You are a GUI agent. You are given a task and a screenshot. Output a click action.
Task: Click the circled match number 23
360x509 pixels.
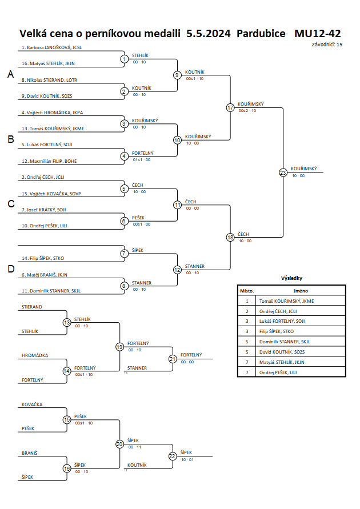click(283, 173)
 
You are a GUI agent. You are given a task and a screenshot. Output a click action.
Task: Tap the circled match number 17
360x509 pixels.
click(230, 107)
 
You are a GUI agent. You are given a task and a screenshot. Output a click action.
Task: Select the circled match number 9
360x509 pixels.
click(177, 75)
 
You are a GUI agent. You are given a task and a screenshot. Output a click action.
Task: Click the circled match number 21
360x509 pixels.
click(173, 359)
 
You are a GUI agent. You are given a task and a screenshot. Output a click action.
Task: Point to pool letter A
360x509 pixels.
click(11, 74)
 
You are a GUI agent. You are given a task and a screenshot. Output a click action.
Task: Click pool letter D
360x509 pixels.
click(11, 269)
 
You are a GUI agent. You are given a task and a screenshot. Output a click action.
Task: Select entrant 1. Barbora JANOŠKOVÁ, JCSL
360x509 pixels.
click(51, 47)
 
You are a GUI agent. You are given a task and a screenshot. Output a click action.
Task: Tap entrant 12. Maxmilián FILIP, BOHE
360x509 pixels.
click(49, 161)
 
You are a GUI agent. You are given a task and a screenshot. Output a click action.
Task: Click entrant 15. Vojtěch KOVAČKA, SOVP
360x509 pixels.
click(51, 194)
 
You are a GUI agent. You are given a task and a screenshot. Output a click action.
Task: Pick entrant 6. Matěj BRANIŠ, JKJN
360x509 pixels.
click(44, 275)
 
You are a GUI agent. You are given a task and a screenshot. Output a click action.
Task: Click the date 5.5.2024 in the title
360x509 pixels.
click(209, 34)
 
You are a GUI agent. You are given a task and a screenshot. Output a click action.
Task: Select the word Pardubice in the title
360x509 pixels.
click(261, 34)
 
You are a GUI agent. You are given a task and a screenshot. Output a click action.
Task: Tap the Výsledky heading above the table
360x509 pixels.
click(291, 278)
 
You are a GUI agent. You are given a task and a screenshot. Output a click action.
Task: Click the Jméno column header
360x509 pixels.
click(300, 291)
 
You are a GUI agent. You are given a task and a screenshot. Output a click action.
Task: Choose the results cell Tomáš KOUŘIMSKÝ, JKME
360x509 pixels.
click(286, 301)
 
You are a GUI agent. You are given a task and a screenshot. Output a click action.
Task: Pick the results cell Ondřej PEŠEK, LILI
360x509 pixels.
click(278, 372)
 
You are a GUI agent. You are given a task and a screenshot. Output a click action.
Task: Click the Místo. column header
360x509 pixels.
click(247, 291)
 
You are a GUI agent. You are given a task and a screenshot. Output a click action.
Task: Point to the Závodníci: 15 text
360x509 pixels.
click(327, 45)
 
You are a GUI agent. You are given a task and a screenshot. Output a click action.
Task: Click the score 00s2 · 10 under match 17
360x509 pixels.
click(247, 111)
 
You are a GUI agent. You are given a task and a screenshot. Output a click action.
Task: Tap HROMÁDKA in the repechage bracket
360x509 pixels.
click(35, 355)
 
